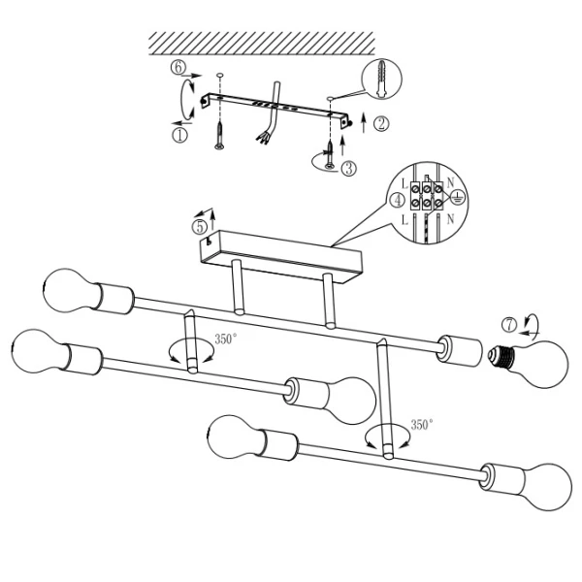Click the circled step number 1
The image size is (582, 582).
tap(179, 135)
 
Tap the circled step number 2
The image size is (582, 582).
tap(381, 123)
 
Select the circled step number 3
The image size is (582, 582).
tap(348, 168)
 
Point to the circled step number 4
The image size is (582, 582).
tap(398, 201)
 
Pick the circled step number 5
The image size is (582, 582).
tap(199, 227)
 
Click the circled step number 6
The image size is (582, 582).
tap(178, 68)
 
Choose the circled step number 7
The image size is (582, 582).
tap(509, 325)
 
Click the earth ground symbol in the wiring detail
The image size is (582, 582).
tap(458, 198)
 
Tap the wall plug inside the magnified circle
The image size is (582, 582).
tap(381, 79)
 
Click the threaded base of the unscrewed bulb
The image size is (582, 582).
tap(501, 356)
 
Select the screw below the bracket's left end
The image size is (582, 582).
tap(219, 136)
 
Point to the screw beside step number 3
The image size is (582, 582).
tap(329, 155)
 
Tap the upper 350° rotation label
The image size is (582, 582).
tap(226, 339)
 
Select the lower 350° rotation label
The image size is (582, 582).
tap(422, 425)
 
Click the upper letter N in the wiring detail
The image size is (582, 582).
tap(450, 182)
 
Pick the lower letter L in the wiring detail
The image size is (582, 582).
tap(404, 220)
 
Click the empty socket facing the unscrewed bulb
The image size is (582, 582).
tap(460, 351)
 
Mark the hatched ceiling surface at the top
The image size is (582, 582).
tap(262, 44)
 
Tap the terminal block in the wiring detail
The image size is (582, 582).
tap(427, 196)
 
